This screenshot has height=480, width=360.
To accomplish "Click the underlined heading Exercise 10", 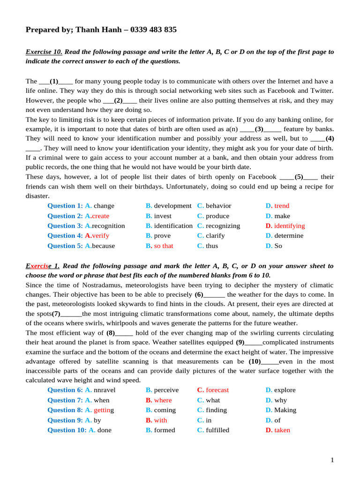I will tap(44, 52).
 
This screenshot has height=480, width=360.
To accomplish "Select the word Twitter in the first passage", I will tap(322, 90).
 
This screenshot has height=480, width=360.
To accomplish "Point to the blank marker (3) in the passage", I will tap(259, 128).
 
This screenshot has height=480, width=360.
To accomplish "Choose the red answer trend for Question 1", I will tap(282, 206).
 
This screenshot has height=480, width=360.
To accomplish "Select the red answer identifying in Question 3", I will tap(289, 226).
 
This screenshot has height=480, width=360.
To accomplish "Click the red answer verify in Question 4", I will tap(100, 236).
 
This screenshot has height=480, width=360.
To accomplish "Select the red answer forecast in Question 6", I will tap(217, 390).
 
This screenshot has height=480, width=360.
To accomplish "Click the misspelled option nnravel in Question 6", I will tap(105, 390).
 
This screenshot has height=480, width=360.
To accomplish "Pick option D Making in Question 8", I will tap(285, 410).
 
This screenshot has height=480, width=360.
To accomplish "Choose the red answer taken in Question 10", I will tap(282, 430).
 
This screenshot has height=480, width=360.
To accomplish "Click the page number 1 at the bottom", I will tap(332, 460).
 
